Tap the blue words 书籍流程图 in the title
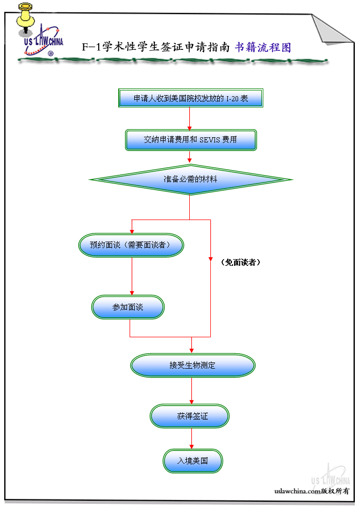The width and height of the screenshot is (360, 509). (263, 47)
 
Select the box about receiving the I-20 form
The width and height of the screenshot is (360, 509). (191, 98)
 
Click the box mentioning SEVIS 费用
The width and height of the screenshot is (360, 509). (191, 139)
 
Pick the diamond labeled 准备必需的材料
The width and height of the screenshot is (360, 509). (191, 179)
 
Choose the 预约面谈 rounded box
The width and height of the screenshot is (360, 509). (132, 245)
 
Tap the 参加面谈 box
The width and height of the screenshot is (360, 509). (128, 307)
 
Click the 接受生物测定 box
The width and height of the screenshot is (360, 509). (192, 365)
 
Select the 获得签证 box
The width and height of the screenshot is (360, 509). (190, 416)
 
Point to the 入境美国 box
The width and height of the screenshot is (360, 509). (193, 461)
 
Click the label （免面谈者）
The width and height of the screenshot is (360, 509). (240, 262)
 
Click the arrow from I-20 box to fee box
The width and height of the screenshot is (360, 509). (190, 118)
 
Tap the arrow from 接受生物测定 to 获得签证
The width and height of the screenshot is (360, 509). (192, 391)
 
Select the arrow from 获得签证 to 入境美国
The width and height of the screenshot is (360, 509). (192, 439)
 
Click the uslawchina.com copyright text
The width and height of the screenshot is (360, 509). (312, 491)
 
